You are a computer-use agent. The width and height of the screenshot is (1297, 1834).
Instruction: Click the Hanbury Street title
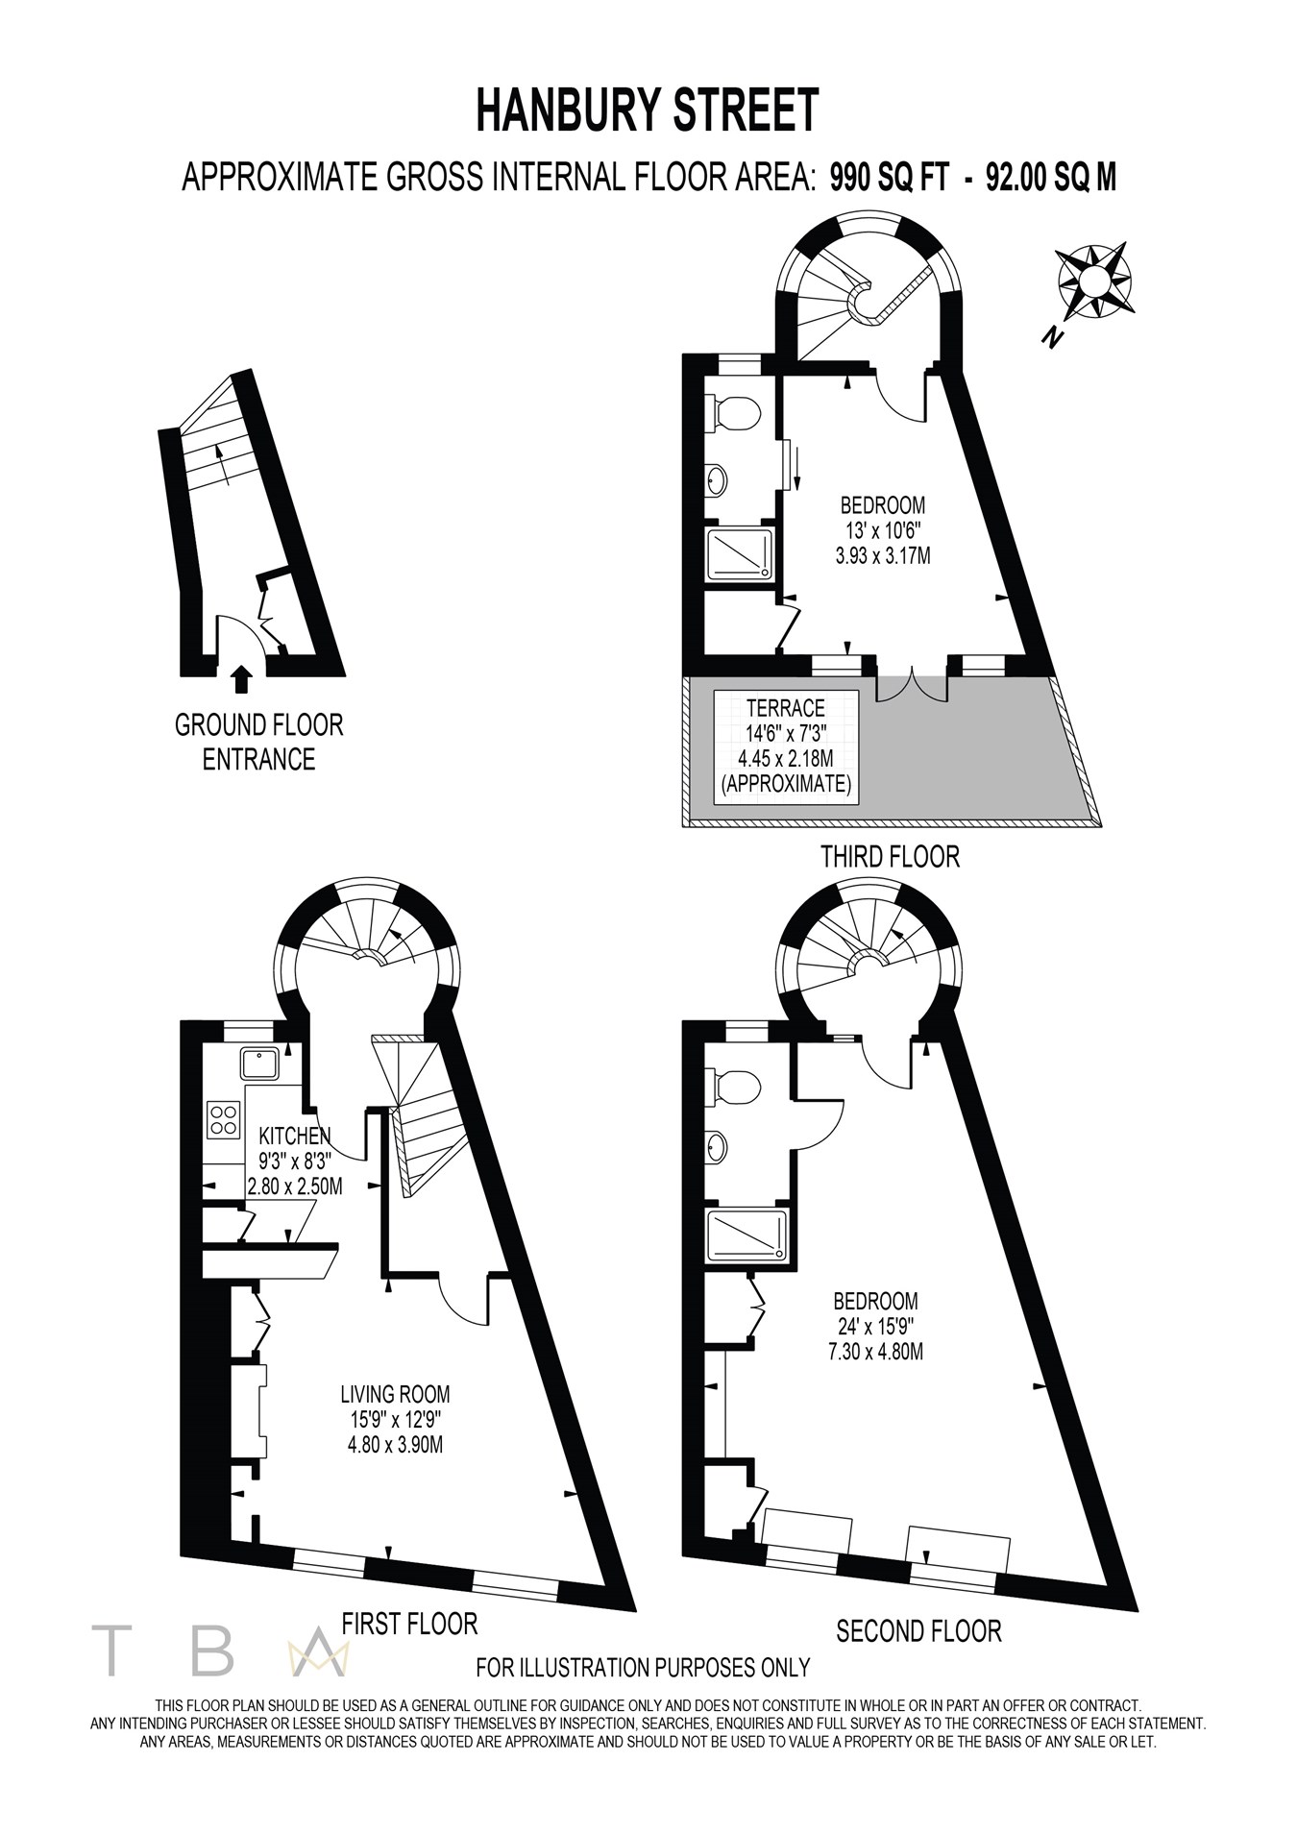click(x=648, y=110)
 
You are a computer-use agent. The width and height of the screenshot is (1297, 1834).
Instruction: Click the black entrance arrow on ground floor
click(x=242, y=679)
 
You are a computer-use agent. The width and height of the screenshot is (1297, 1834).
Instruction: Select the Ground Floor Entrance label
click(x=258, y=742)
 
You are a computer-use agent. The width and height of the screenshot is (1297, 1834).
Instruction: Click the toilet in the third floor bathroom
click(x=737, y=413)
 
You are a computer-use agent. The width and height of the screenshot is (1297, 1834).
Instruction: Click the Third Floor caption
click(x=890, y=856)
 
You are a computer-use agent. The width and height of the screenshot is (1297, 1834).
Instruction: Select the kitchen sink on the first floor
click(x=260, y=1064)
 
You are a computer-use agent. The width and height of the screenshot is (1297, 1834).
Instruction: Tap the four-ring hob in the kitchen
click(x=224, y=1118)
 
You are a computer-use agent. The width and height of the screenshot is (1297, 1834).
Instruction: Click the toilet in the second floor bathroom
click(x=737, y=1088)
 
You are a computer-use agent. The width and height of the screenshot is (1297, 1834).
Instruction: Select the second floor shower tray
click(x=746, y=1235)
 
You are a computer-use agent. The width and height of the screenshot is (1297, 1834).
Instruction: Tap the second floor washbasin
click(x=717, y=1146)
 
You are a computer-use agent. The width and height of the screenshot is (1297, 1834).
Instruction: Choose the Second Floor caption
click(x=918, y=1630)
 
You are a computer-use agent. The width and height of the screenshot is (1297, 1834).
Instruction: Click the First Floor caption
click(x=409, y=1624)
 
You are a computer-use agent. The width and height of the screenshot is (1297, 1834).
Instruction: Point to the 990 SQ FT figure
click(x=890, y=178)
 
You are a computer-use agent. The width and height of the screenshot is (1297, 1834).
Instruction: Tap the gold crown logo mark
click(x=316, y=1652)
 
